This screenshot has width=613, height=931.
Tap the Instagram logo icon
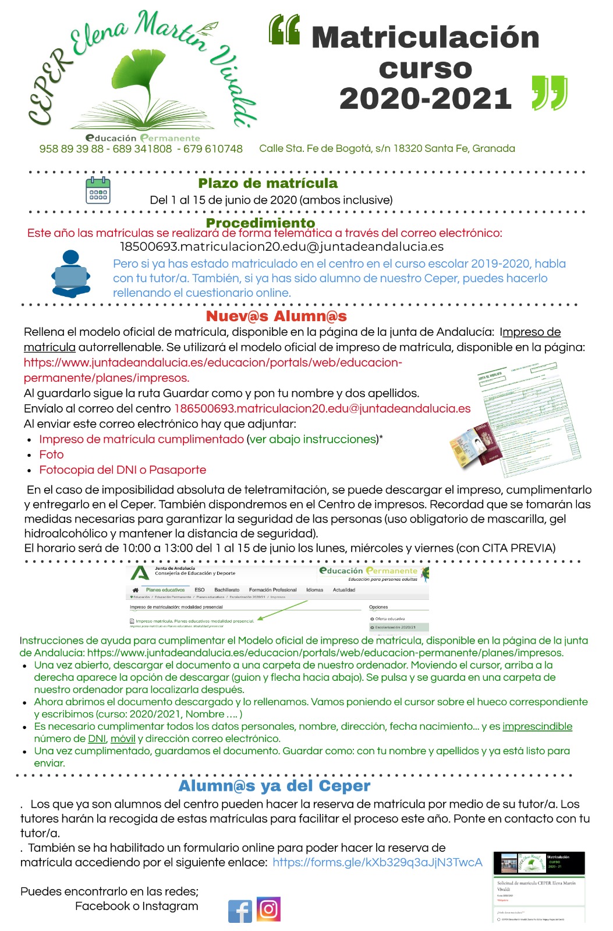268,909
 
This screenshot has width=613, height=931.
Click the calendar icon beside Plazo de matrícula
98,190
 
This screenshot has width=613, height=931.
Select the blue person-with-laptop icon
71,274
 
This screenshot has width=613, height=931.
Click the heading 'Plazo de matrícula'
268,183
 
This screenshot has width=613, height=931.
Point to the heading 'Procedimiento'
260,223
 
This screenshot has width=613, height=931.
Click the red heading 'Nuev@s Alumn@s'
277,317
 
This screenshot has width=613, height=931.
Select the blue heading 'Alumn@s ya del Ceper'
274,786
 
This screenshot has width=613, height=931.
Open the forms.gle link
377,862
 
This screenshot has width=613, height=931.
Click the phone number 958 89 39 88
71,149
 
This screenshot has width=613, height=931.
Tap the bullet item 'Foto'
51,454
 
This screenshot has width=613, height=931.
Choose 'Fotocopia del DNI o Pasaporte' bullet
122,470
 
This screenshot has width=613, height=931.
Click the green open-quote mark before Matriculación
285,30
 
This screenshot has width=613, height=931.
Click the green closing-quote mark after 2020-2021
550,93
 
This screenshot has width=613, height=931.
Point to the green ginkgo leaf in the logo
140,76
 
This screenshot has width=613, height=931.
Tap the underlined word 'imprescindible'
537,726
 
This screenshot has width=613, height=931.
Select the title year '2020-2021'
425,98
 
